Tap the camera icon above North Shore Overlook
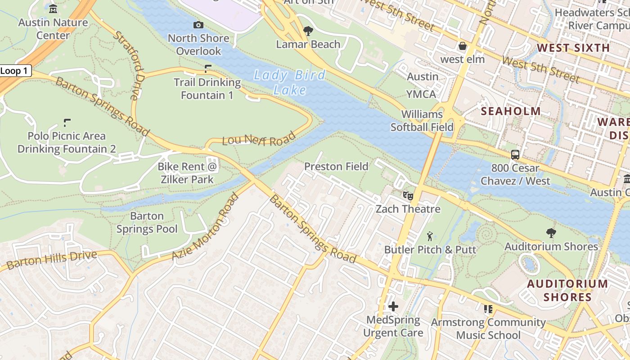[x=198, y=25]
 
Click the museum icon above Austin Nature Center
[x=53, y=9]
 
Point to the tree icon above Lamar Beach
[x=308, y=31]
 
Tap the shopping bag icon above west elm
[x=462, y=46]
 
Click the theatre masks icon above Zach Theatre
[x=408, y=195]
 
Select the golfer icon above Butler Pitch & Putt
[x=430, y=236]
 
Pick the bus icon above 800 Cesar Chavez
[x=515, y=155]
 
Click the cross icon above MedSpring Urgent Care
[x=393, y=306]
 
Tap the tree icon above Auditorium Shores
[x=551, y=233]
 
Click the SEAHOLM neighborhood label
[x=511, y=111]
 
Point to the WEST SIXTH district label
[x=573, y=48]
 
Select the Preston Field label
[x=336, y=166]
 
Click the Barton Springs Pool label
[x=147, y=222]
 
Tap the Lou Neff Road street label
[x=259, y=139]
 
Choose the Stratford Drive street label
[x=129, y=64]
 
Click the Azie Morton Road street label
[x=205, y=227]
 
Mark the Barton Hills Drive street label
[x=52, y=260]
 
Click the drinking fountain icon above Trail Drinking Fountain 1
[x=207, y=69]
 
